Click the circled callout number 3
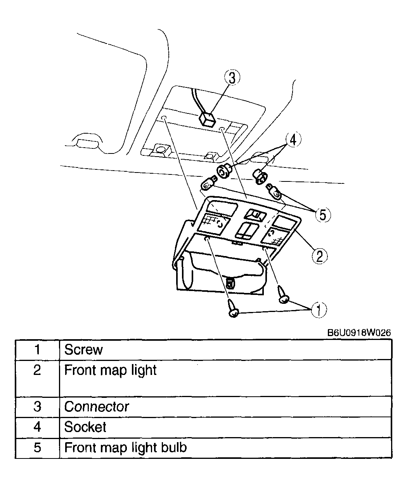pos(232,77)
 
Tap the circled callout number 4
pos(293,139)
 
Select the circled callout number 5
pos(323,214)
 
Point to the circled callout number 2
pos(319,256)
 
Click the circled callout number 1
pos(319,310)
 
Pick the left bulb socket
pos(224,171)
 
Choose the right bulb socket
pos(260,176)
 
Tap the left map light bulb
pos(209,184)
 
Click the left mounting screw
pos(233,308)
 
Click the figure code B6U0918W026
pos(359,333)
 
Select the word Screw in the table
pos(83,350)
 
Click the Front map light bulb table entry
pos(126,448)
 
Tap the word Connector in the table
pos(96,407)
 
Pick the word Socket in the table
pos(85,427)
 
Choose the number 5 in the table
pos(37,448)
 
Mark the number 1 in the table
pos(37,350)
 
